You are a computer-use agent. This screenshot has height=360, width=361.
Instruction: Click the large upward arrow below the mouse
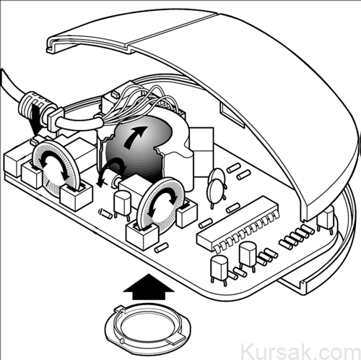[x=149, y=288]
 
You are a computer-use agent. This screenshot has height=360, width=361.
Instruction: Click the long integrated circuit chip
[x=238, y=224]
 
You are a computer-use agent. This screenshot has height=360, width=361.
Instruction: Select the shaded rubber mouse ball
[x=137, y=150]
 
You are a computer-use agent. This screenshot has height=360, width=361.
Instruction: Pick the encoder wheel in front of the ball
[x=160, y=202]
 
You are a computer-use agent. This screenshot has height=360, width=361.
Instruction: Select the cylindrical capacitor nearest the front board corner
[x=219, y=270]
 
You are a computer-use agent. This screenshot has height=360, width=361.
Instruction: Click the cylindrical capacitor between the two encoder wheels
[x=122, y=204]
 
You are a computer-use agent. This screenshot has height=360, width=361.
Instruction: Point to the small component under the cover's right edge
[x=326, y=218]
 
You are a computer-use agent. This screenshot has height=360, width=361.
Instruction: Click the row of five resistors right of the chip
[x=297, y=236]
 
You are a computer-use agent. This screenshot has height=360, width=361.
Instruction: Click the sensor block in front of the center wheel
[x=142, y=235]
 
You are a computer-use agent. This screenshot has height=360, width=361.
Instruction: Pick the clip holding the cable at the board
[x=56, y=119]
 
